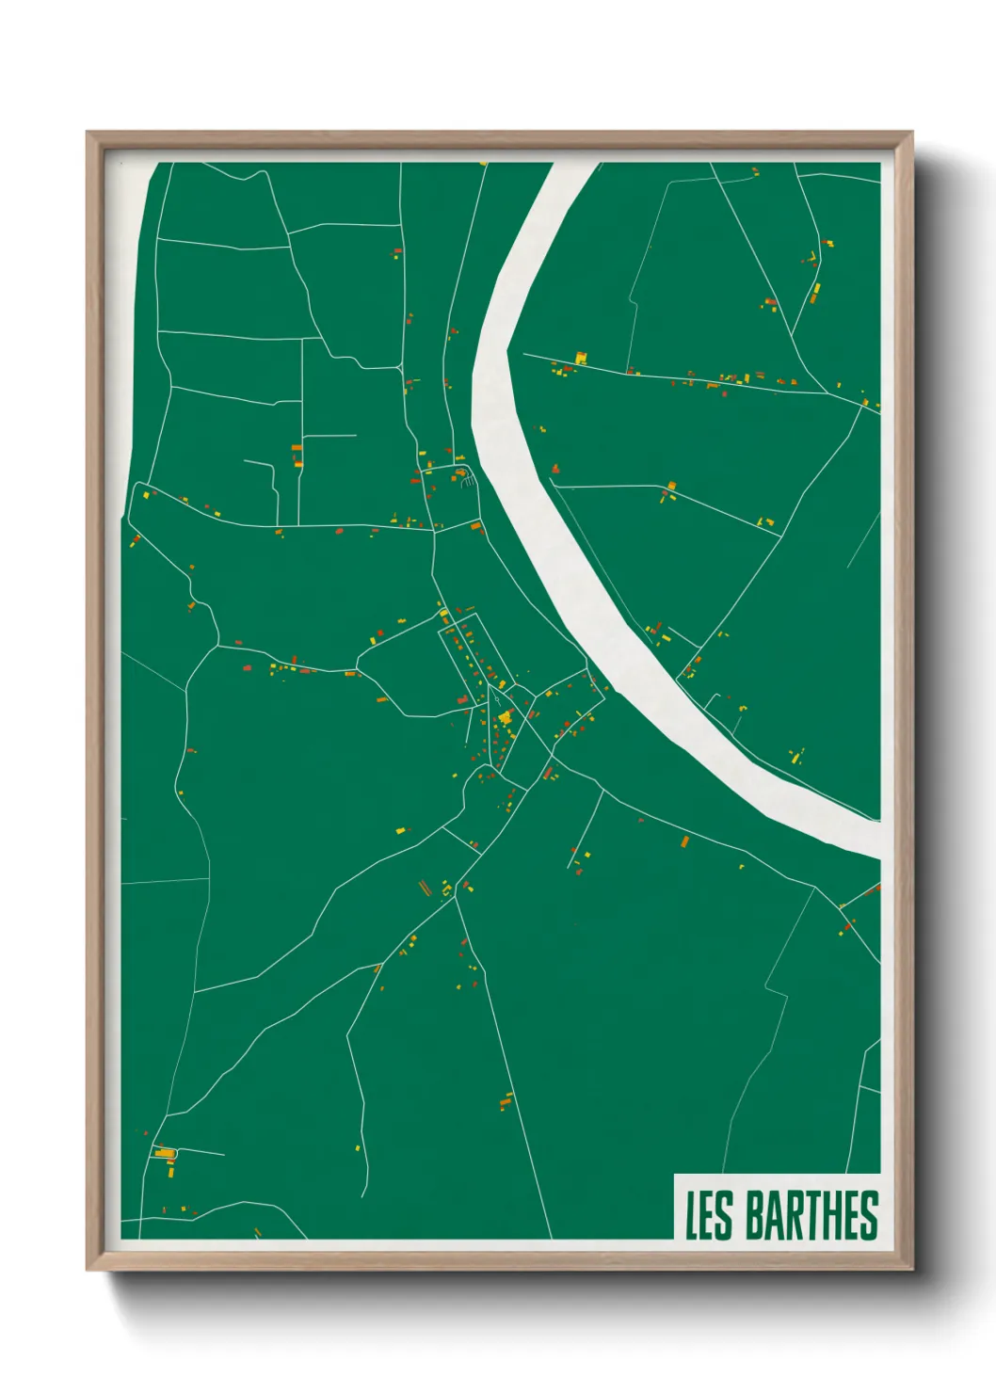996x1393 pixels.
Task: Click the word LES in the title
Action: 708,1215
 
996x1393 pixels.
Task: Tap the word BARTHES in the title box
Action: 811,1215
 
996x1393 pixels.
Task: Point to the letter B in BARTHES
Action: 756,1215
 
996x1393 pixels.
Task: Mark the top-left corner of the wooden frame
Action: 88,133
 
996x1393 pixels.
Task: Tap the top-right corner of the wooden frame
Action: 911,133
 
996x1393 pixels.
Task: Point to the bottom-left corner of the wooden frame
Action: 88,1270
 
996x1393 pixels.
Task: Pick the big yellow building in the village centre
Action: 506,718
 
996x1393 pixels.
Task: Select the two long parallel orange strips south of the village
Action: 424,887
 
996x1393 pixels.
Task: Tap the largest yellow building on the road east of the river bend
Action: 581,358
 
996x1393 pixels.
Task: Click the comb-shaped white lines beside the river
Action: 467,481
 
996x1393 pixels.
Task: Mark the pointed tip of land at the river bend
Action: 507,351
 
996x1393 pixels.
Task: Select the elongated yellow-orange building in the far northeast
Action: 815,294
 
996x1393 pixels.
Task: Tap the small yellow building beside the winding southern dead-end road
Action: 358,1147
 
